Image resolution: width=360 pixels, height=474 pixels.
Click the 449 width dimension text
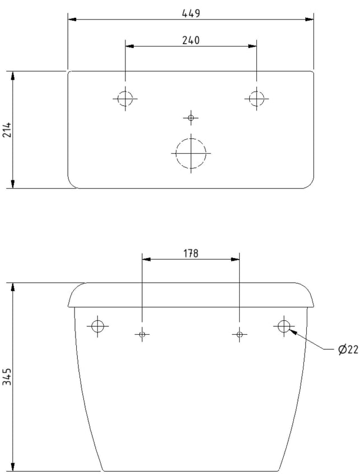tap(191, 13)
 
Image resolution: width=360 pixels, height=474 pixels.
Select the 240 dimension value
tap(191, 40)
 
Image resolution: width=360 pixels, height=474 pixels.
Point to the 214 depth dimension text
tap(7, 130)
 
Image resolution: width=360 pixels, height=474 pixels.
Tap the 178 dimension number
tap(190, 254)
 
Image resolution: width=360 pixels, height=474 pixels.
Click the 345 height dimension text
tap(7, 377)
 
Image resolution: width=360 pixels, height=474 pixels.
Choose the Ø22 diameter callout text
tap(348, 350)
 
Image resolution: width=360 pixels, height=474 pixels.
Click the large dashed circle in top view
tap(191, 138)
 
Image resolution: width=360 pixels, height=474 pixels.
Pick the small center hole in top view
tap(190, 118)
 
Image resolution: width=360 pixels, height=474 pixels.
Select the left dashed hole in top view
tap(125, 91)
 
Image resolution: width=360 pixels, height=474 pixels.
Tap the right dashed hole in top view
tap(256, 91)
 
